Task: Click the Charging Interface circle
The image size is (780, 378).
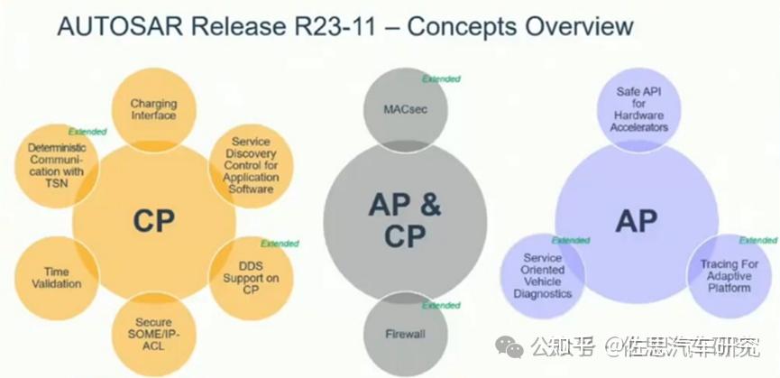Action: (x=153, y=110)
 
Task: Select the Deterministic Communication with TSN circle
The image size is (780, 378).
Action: (x=57, y=166)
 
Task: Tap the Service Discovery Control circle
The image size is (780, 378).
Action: (x=251, y=166)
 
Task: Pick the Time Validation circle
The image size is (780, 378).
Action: (x=57, y=278)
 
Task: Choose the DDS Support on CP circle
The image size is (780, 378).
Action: (x=251, y=278)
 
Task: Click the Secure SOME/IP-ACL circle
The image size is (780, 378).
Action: (x=153, y=334)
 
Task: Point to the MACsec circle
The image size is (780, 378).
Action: (x=406, y=110)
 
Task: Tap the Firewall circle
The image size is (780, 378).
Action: (x=406, y=334)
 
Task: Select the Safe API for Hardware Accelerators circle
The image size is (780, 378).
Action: (x=638, y=110)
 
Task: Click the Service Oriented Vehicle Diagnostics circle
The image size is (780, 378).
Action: (x=542, y=276)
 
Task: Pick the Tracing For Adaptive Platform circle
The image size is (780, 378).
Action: (x=729, y=276)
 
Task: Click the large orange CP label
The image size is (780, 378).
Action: (x=153, y=221)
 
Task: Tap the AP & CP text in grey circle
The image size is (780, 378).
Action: (x=405, y=220)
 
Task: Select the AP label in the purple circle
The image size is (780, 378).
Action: (x=637, y=221)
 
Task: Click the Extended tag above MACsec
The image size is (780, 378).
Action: (x=441, y=79)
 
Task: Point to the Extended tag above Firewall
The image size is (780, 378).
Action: (x=441, y=305)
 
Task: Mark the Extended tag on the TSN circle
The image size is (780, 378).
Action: (x=87, y=132)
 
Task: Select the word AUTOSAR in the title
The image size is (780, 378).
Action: (x=123, y=26)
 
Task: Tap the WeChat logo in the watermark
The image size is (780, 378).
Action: (x=509, y=346)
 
